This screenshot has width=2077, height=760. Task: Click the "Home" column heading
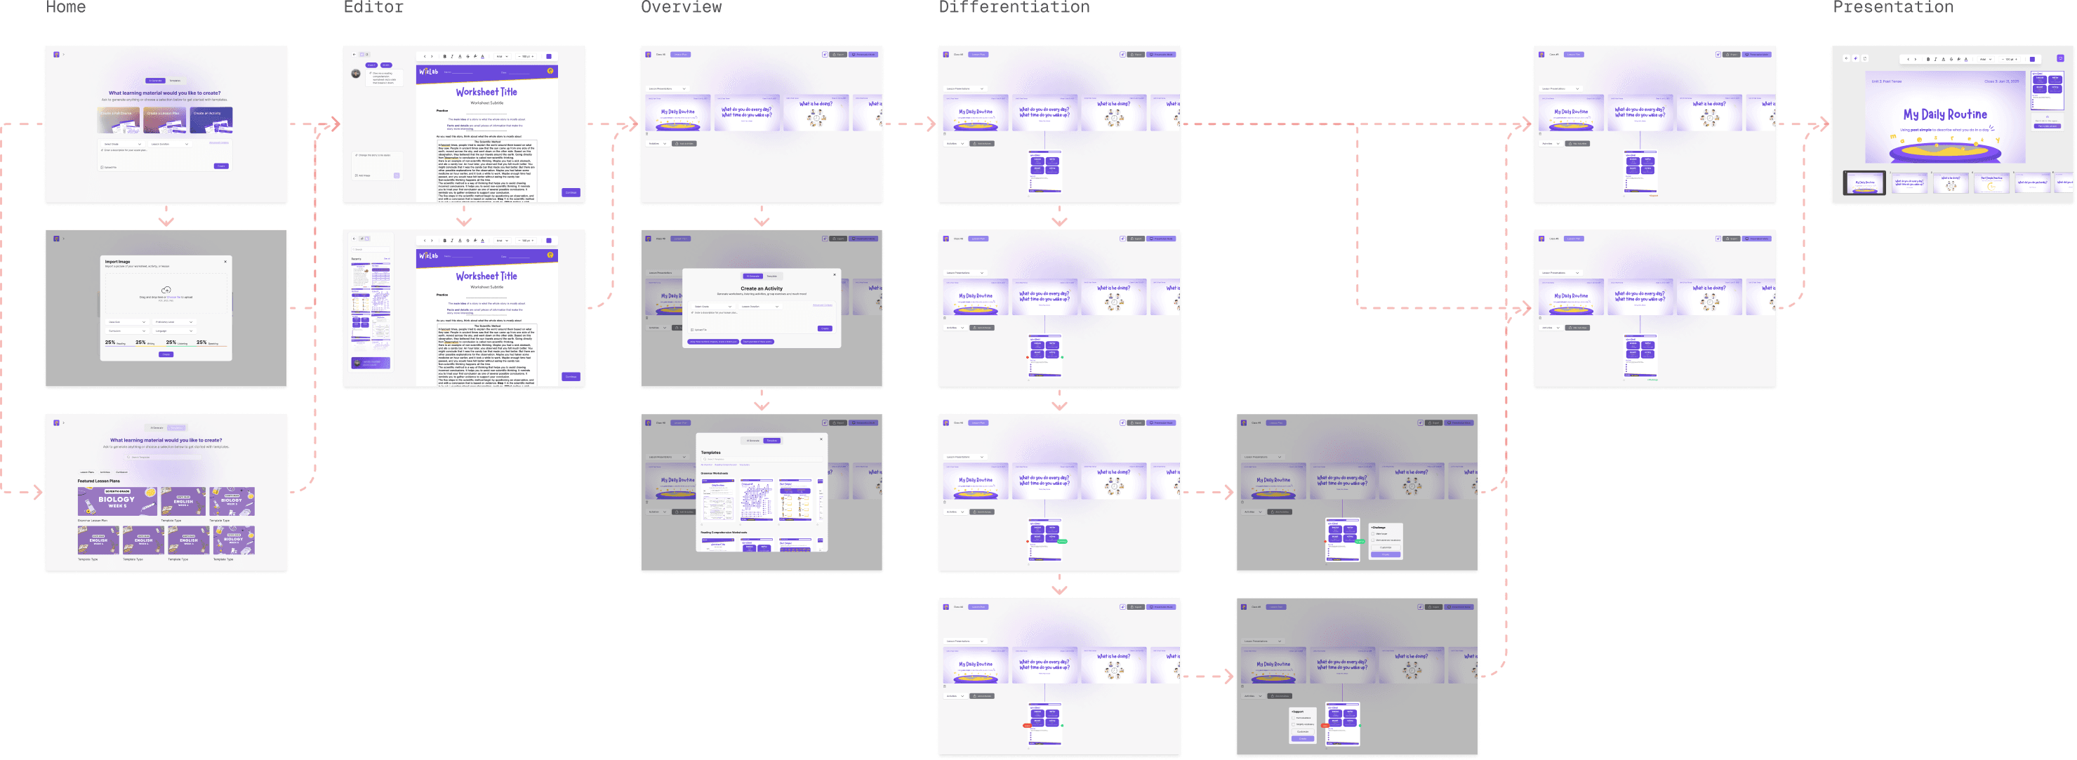click(x=65, y=6)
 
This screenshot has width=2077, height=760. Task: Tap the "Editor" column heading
click(x=373, y=6)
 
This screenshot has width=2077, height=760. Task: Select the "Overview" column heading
click(x=682, y=6)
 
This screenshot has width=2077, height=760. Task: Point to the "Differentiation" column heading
click(x=1014, y=6)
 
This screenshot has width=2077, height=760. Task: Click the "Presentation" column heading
click(x=1893, y=6)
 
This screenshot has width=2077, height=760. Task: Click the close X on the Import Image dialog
click(x=225, y=261)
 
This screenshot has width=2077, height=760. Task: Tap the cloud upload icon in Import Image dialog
click(x=166, y=290)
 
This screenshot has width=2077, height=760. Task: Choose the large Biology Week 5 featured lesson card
click(x=117, y=500)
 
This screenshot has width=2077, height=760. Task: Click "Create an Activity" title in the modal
click(x=761, y=288)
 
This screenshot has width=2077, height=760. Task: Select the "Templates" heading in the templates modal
click(x=710, y=452)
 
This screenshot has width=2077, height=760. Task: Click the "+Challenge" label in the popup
click(x=1378, y=527)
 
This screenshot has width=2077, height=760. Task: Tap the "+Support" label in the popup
click(x=1297, y=712)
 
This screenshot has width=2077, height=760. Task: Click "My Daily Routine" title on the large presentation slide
click(x=1945, y=114)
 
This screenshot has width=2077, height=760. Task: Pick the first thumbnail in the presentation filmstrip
click(x=1864, y=183)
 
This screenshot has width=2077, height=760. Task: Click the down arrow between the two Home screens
click(x=166, y=220)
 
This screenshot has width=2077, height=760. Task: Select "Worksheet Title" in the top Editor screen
click(x=486, y=92)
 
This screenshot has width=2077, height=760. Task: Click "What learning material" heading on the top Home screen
click(x=164, y=93)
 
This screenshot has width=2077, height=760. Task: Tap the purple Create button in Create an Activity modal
click(x=824, y=328)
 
